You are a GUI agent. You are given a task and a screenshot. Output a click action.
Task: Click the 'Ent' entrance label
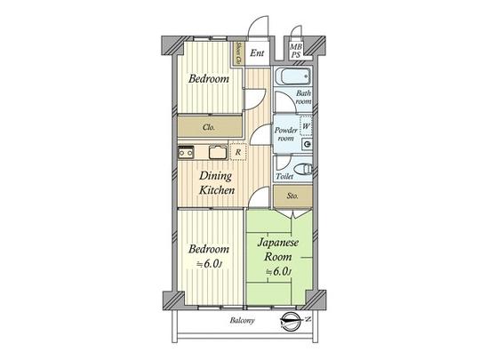pos(256,53)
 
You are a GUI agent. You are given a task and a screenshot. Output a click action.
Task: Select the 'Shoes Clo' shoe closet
pos(238,53)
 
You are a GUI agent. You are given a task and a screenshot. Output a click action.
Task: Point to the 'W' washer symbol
pos(306,126)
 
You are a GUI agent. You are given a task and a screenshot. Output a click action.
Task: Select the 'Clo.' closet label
pos(210,127)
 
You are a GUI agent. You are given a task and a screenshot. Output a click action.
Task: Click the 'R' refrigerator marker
pos(237,152)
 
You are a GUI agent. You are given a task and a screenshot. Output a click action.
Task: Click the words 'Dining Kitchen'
pos(216,184)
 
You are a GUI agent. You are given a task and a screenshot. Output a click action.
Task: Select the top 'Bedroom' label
pos(209,79)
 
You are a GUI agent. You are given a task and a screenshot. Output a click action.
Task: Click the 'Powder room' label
pos(285,134)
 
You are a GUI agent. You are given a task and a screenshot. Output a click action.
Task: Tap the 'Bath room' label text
pos(303,98)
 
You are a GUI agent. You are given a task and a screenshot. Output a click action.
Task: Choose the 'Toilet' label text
pos(284,177)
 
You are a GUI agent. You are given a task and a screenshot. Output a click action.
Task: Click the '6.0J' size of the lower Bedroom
pos(211,263)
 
